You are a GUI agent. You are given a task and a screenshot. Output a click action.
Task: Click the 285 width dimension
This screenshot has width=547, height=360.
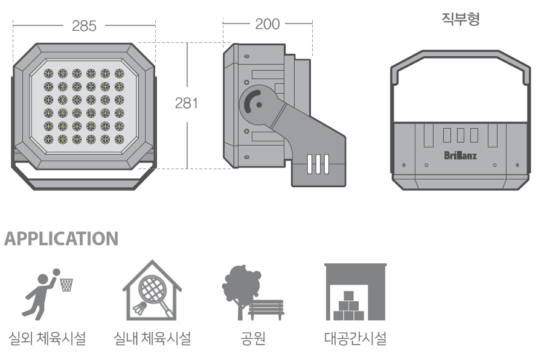84,26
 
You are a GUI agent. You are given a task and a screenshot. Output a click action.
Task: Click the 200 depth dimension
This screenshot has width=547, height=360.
267,24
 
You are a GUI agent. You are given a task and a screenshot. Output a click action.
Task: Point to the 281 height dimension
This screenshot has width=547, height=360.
187,103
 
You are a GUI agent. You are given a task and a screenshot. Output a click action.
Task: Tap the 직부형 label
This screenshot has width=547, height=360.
461,19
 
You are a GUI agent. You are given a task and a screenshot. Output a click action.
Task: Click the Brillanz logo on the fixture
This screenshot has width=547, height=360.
461,155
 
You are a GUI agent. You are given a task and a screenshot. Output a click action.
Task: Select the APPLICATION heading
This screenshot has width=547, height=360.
62,239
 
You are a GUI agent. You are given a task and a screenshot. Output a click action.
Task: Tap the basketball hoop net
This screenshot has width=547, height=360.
66,284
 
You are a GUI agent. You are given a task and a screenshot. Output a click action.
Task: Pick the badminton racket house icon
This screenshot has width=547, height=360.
152,290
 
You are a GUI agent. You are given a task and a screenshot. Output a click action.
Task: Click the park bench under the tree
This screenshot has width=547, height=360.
266,309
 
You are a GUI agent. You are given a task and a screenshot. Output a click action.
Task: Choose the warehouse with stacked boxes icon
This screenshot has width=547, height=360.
356,292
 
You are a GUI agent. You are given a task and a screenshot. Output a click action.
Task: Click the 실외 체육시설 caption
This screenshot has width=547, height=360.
47,339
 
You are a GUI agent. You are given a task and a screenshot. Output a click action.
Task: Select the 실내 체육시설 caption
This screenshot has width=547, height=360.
152,339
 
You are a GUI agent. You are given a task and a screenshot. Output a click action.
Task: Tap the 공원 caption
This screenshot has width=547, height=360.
254,339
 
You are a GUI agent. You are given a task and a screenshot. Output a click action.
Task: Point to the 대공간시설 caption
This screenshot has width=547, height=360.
356,339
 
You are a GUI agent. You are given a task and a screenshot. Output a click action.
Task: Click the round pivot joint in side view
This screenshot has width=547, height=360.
257,104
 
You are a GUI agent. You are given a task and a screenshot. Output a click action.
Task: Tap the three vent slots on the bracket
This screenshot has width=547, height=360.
318,164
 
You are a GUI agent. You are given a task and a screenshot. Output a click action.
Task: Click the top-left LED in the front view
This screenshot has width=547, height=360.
48,73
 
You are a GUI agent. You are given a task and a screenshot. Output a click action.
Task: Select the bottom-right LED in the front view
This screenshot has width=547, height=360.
120,140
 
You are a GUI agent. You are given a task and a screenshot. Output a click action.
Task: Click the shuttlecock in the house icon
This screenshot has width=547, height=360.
139,308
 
